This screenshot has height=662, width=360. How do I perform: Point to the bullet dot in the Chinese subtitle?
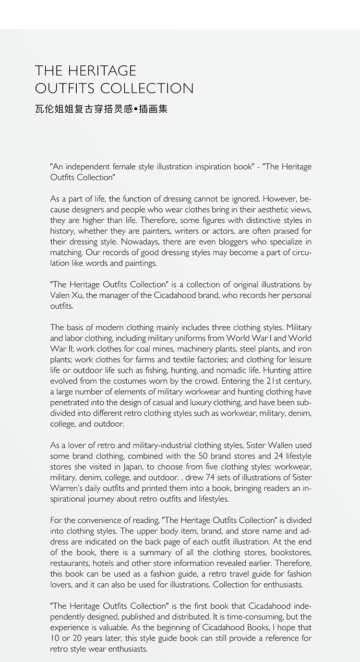pyautogui.click(x=137, y=109)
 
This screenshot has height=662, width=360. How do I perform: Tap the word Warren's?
pyautogui.click(x=66, y=488)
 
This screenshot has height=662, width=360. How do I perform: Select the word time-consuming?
pyautogui.click(x=250, y=617)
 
